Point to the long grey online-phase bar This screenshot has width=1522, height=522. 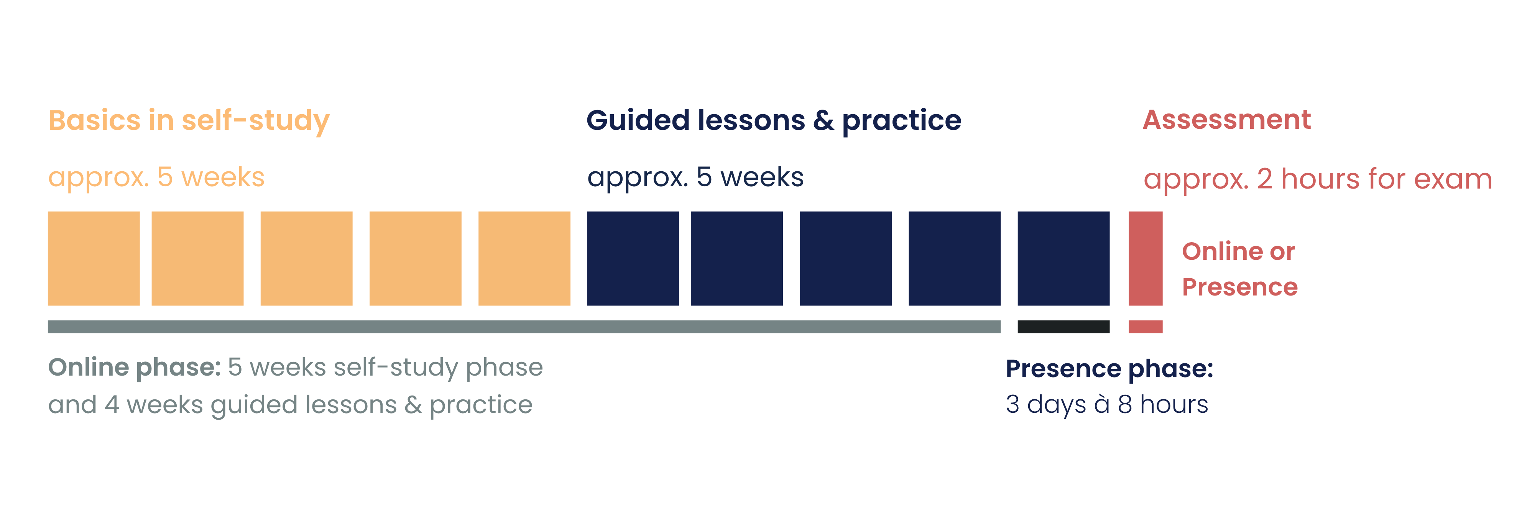coord(524,327)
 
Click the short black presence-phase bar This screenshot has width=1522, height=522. coord(1063,327)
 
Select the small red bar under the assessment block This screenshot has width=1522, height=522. coord(1146,327)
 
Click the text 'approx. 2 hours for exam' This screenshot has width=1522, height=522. coord(1318,179)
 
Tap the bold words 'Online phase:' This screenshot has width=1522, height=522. coord(135,367)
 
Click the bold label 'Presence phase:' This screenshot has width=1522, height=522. coord(1109,368)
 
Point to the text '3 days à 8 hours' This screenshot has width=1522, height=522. coord(1107,404)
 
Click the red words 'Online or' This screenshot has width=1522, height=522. coord(1238,251)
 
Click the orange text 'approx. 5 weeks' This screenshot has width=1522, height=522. coord(156,177)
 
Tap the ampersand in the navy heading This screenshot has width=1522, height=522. coord(823,120)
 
